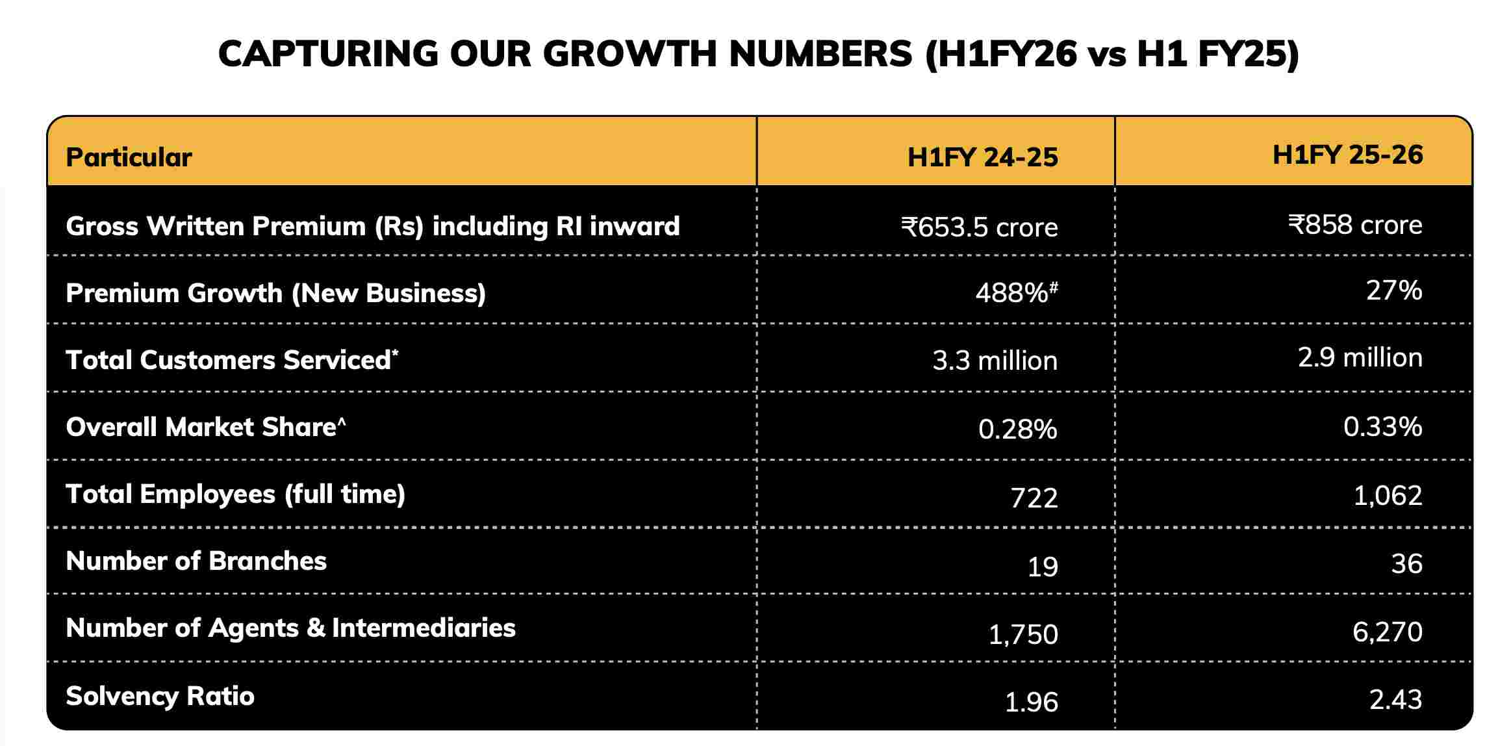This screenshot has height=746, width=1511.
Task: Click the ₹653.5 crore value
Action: pyautogui.click(x=979, y=227)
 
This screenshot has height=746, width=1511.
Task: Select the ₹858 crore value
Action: pyautogui.click(x=1355, y=225)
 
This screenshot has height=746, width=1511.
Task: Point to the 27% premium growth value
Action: pyautogui.click(x=1394, y=290)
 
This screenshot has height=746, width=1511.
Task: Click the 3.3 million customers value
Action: pyautogui.click(x=995, y=361)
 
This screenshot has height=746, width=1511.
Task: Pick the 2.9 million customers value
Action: pyautogui.click(x=1360, y=358)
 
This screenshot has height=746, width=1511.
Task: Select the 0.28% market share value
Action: pyautogui.click(x=1017, y=430)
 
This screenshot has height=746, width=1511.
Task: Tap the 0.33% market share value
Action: pyautogui.click(x=1382, y=427)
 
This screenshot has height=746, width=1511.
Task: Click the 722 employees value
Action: pyautogui.click(x=1034, y=498)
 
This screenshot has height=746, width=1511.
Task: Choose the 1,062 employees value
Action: pyautogui.click(x=1388, y=496)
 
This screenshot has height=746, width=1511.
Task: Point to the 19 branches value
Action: pyautogui.click(x=1043, y=567)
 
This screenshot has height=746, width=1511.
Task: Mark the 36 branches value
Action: pyautogui.click(x=1406, y=564)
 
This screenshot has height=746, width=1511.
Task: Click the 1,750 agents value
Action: pyautogui.click(x=1023, y=634)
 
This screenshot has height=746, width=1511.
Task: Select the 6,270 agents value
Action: pyautogui.click(x=1387, y=632)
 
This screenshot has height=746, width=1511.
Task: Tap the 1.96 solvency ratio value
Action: pyautogui.click(x=1032, y=702)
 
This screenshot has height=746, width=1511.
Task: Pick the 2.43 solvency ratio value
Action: pyautogui.click(x=1395, y=700)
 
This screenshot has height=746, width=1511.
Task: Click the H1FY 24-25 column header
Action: pyautogui.click(x=982, y=158)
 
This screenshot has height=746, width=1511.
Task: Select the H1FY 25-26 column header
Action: pyautogui.click(x=1347, y=155)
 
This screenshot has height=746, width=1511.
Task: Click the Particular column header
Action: pyautogui.click(x=129, y=158)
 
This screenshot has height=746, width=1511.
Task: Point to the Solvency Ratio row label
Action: pyautogui.click(x=160, y=697)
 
